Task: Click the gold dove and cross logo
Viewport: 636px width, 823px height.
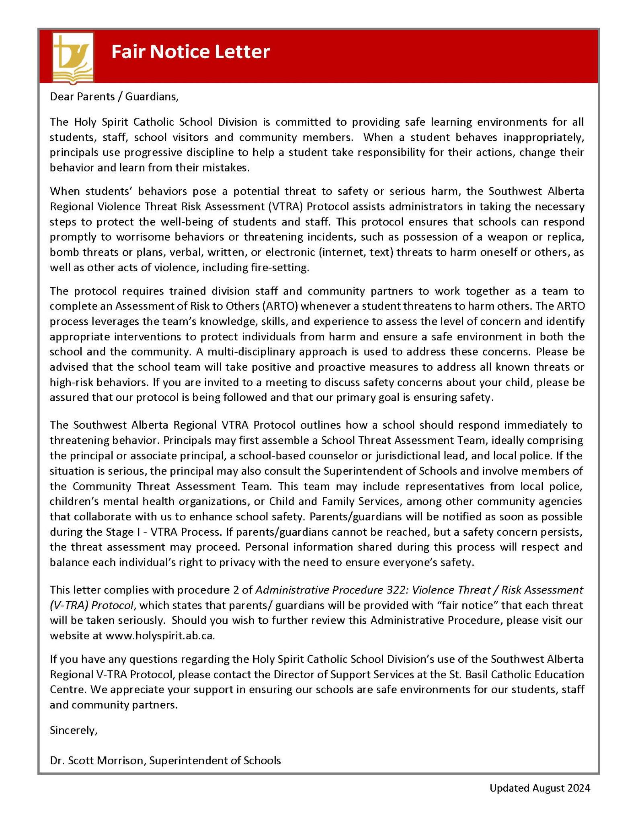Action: click(73, 57)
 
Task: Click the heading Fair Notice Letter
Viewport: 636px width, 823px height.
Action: click(190, 52)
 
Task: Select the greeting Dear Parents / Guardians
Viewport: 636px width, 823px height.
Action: click(114, 97)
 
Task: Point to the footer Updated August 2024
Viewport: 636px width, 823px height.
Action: click(540, 788)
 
